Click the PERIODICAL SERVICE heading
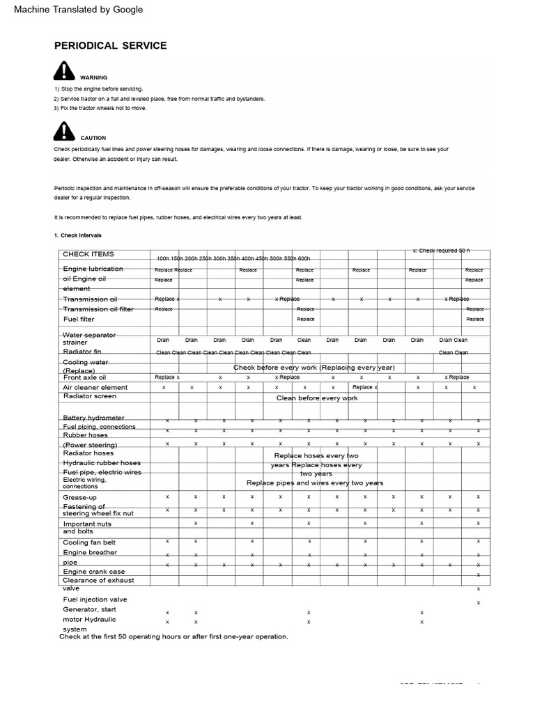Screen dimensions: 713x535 click(111, 46)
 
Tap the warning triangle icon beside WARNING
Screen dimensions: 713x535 click(63, 71)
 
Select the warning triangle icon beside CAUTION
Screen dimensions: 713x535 click(63, 131)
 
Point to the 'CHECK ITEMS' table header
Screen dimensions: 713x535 click(88, 254)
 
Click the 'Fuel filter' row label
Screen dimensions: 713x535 click(79, 319)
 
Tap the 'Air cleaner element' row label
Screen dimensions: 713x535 click(95, 387)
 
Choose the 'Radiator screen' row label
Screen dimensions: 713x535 click(90, 396)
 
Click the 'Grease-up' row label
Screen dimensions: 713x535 click(80, 497)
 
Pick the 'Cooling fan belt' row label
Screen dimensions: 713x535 click(90, 542)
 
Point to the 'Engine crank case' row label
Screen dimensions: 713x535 click(94, 572)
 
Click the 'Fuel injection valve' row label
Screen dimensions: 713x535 click(95, 599)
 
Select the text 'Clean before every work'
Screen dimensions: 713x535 click(317, 398)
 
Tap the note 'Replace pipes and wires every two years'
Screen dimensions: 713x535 click(315, 483)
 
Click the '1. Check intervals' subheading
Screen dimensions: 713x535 click(77, 235)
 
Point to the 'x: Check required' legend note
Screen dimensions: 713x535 click(441, 250)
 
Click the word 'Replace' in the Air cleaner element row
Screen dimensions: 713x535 click(363, 387)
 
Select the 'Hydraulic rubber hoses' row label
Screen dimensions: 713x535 click(102, 462)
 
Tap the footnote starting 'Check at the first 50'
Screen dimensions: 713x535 click(173, 636)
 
